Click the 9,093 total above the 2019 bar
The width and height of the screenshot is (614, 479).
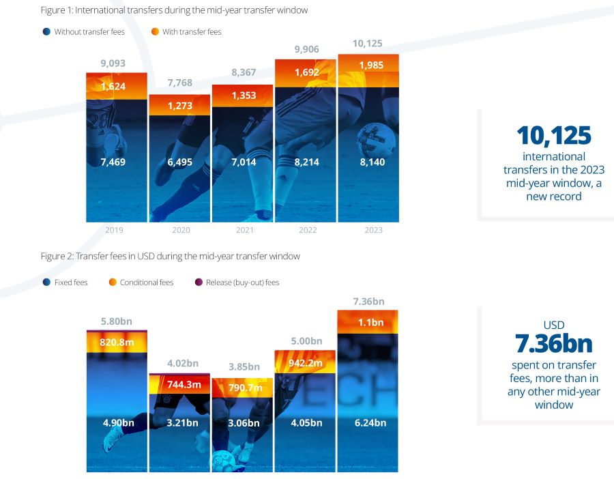tap(113, 63)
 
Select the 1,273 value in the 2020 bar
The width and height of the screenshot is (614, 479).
tap(180, 106)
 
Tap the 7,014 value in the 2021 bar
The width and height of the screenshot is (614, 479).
tap(244, 162)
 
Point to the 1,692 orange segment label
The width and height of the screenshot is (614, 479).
tap(306, 72)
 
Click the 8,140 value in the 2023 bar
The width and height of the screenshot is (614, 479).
tap(372, 162)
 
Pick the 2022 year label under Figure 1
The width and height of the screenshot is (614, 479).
tap(308, 230)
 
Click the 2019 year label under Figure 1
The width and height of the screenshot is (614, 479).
tap(114, 230)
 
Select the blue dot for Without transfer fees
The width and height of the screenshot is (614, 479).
tap(46, 31)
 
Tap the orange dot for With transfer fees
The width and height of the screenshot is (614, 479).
tap(155, 31)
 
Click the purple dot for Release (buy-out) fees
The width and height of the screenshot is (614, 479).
tap(199, 282)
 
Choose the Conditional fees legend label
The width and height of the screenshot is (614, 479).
tap(147, 282)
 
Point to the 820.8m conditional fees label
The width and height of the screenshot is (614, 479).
tap(117, 343)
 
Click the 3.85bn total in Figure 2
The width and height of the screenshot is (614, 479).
tap(244, 367)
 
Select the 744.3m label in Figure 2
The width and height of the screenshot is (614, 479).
tap(184, 385)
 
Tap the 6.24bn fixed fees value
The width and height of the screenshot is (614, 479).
tap(370, 423)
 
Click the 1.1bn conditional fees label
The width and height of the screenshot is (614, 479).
tap(371, 322)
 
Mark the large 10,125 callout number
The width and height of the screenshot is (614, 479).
tap(554, 136)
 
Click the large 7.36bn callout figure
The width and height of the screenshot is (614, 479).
tap(554, 343)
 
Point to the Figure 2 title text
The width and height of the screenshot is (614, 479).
tap(171, 256)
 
